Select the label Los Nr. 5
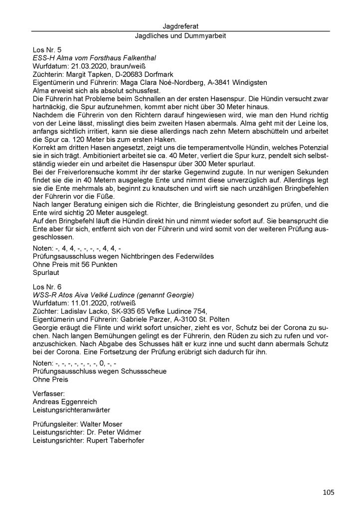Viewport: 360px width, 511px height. pos(47,50)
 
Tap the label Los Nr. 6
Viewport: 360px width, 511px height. pos(47,287)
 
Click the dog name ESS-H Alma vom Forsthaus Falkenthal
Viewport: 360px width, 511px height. pos(94,58)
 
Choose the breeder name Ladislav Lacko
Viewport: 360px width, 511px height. pos(85,310)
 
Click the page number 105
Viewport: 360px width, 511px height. pos(328,493)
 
